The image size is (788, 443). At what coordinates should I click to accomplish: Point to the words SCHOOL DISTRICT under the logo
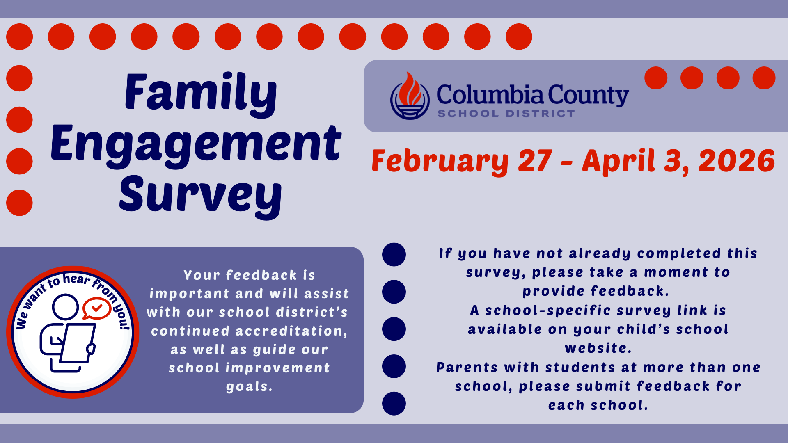(506, 114)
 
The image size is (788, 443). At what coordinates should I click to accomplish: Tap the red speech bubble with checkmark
(96, 308)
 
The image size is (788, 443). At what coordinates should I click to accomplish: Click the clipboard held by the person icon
(78, 343)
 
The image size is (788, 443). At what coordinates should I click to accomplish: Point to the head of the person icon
(65, 306)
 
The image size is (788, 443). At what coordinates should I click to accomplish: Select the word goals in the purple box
(249, 387)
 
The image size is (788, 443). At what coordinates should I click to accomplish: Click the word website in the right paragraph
(598, 348)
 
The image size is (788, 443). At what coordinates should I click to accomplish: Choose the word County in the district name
(588, 96)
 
